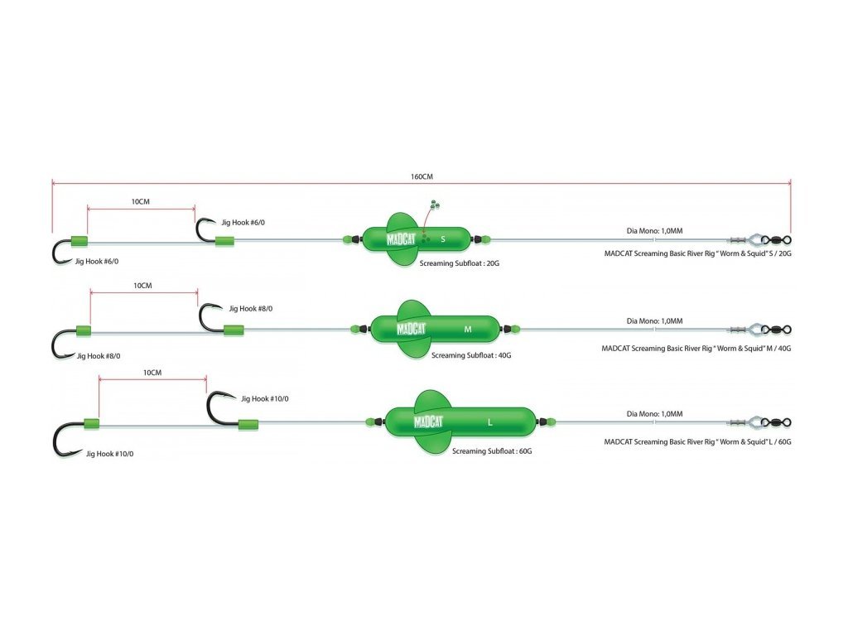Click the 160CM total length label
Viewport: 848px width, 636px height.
coord(422,177)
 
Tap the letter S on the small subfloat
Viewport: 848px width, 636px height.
coord(443,239)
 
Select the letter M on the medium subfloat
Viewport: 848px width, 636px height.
coord(468,330)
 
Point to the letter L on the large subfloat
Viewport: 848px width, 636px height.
coord(490,422)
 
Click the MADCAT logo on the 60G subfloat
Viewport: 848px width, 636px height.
coord(428,422)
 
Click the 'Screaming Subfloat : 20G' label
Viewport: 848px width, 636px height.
coord(459,263)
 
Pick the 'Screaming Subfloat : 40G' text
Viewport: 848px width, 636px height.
coord(471,355)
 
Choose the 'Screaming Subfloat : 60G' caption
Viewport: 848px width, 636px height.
coord(492,451)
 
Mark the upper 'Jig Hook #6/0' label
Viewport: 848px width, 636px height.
coord(243,222)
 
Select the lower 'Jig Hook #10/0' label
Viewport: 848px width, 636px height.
coord(110,454)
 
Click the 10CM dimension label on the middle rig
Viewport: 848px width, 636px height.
coord(142,286)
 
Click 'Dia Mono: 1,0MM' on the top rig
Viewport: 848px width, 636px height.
coord(654,231)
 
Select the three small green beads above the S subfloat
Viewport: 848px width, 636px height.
coord(434,205)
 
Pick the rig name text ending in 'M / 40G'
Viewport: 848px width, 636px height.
coord(696,349)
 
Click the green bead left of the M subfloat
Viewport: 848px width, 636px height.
coord(354,329)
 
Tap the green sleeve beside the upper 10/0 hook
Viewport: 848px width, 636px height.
coord(248,425)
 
